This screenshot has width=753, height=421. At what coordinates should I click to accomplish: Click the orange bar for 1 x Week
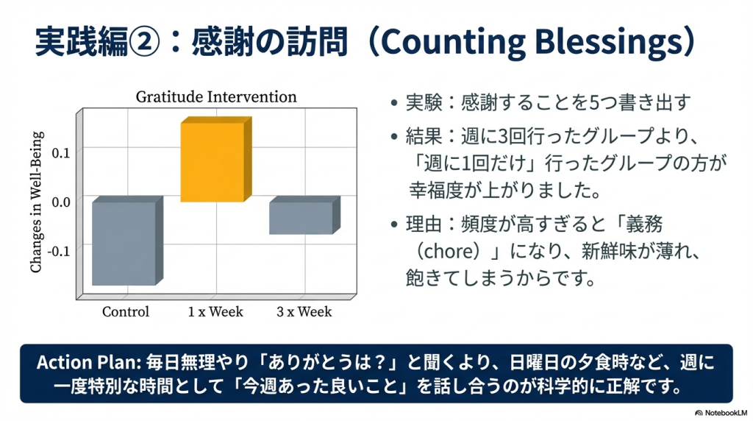point(216,159)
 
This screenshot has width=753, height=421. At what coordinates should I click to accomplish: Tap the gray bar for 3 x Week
point(304,216)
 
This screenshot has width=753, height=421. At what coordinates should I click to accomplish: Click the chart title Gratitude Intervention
point(216,96)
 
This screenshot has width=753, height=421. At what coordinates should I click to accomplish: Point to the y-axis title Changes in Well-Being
point(37,202)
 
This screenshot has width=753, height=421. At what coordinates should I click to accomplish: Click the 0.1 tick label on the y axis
point(60,153)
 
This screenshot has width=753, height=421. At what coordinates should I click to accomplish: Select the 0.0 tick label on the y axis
point(60,202)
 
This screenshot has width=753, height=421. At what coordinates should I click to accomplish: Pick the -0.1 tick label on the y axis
point(59,251)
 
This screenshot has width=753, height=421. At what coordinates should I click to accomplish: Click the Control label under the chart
point(126,311)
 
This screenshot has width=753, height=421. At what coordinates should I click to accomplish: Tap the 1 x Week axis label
point(215,311)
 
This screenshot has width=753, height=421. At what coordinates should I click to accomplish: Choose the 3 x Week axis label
point(304,311)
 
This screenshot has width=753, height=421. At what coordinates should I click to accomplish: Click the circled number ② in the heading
point(144,42)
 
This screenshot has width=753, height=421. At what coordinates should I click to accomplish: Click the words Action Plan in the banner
point(88,362)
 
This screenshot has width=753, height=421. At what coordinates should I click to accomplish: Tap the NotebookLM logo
point(721,413)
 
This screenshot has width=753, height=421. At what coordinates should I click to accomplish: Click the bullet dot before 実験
point(394,103)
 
